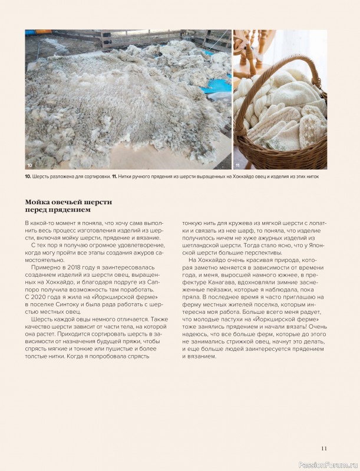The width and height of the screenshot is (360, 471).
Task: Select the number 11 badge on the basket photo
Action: [238, 164]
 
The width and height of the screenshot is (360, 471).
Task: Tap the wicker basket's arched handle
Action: [307, 71]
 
